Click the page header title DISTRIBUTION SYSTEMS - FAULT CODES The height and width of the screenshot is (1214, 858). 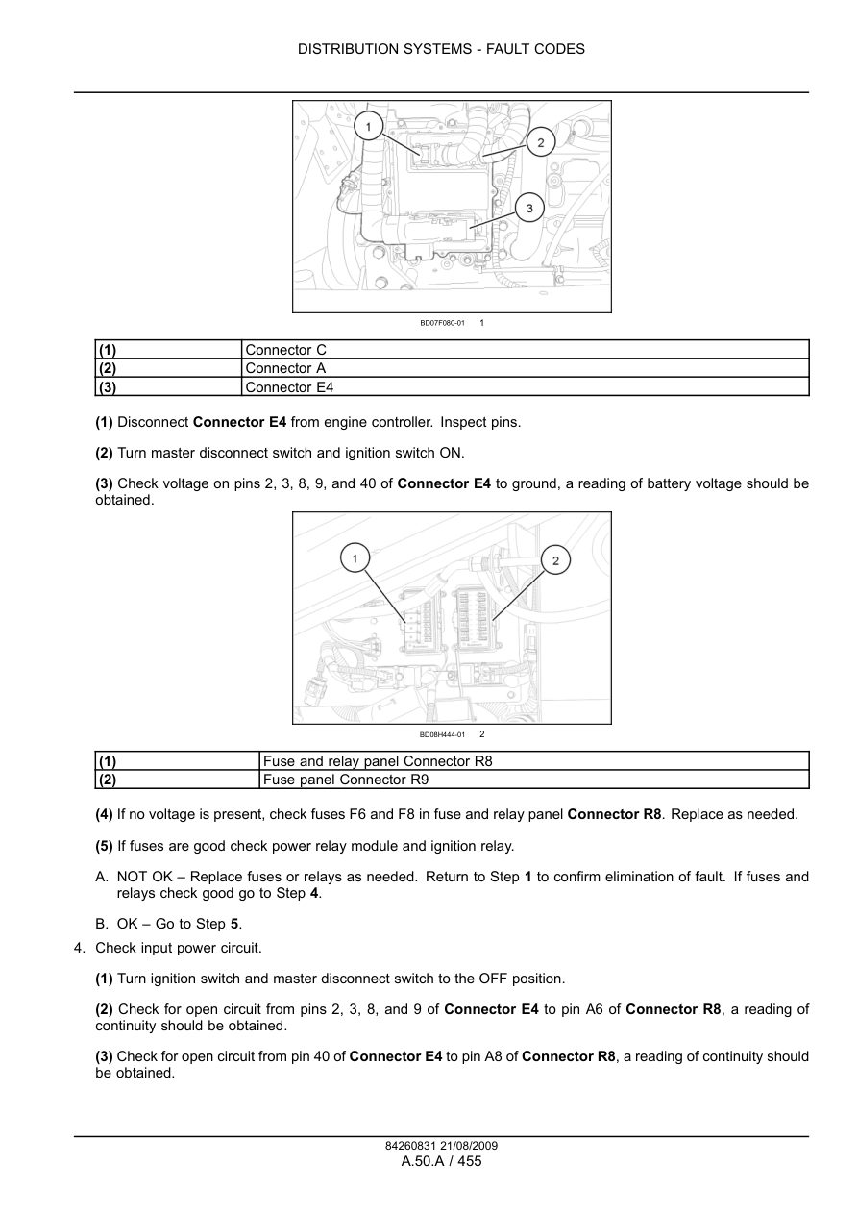[x=441, y=49]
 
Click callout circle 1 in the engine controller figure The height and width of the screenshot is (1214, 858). [x=369, y=126]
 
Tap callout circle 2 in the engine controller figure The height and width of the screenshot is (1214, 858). [x=540, y=143]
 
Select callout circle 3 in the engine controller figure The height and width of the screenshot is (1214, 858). [x=529, y=208]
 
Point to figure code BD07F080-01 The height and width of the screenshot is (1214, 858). [x=442, y=323]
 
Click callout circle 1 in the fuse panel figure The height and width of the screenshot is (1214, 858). [x=355, y=558]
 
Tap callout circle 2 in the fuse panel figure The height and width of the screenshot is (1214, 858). [x=555, y=560]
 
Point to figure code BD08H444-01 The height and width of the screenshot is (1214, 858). [x=442, y=735]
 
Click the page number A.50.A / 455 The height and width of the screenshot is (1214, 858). [x=441, y=1161]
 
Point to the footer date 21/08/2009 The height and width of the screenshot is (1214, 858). [x=466, y=1146]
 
